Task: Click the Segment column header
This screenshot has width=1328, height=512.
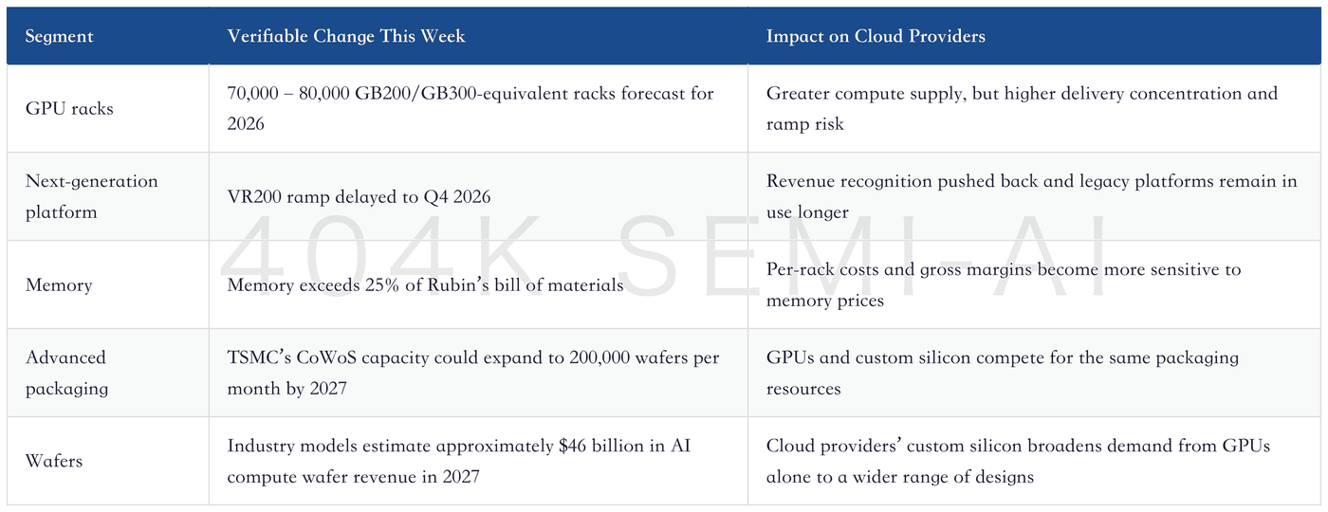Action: (59, 36)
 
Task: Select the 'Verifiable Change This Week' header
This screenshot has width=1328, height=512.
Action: (346, 36)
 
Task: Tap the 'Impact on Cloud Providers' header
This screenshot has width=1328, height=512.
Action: (876, 36)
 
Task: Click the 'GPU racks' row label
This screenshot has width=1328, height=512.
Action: (69, 108)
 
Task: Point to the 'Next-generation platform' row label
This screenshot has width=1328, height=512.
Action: (92, 196)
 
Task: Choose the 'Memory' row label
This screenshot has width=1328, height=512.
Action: (59, 285)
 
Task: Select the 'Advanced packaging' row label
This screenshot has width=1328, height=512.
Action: (66, 373)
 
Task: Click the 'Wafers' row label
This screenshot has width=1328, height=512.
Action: (54, 461)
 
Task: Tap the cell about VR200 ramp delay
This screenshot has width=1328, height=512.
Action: (359, 197)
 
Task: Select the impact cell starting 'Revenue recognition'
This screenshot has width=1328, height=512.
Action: (1032, 196)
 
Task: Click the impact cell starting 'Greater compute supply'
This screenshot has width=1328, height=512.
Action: (1023, 108)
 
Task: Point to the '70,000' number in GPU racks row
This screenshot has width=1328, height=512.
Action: (252, 94)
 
